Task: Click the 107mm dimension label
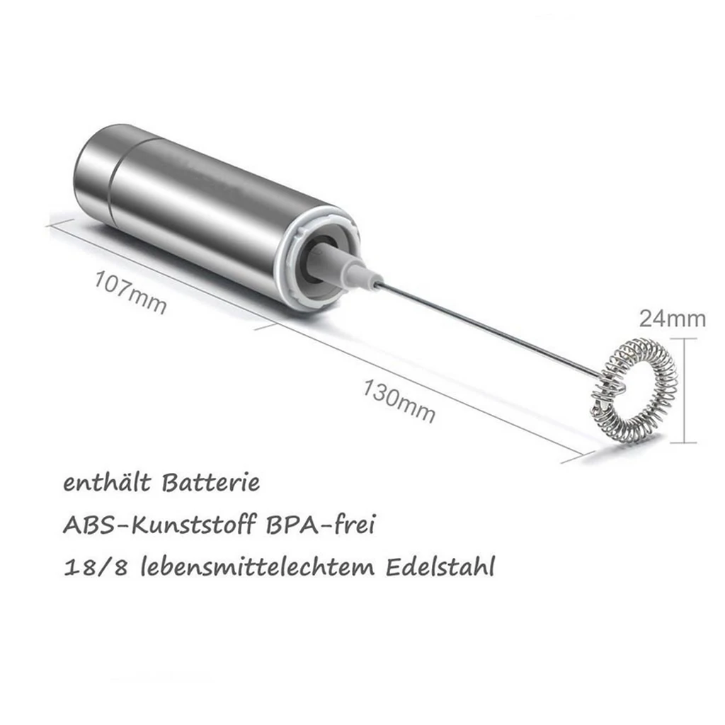tap(131, 292)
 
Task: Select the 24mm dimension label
tap(673, 319)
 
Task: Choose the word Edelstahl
tap(439, 568)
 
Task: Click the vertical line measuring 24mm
tap(685, 389)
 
